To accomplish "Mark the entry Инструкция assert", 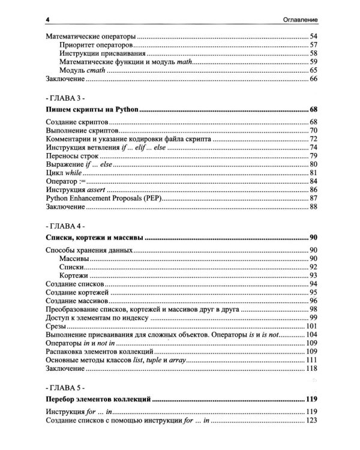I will [73, 189].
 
